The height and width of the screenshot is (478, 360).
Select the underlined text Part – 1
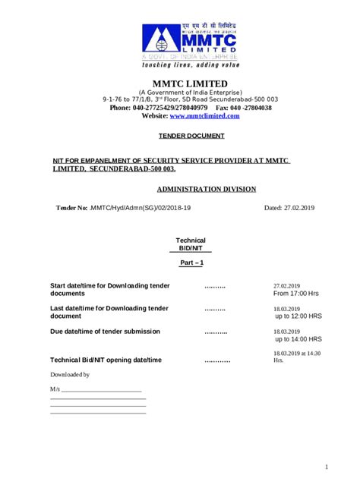click(191, 263)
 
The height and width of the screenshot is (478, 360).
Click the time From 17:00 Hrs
click(295, 293)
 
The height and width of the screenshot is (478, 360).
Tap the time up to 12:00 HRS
click(298, 316)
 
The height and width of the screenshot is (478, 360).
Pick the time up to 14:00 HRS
click(298, 339)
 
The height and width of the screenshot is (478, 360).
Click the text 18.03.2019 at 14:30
click(297, 354)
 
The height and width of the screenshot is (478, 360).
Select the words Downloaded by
click(70, 375)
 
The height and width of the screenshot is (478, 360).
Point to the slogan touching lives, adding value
click(186, 65)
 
